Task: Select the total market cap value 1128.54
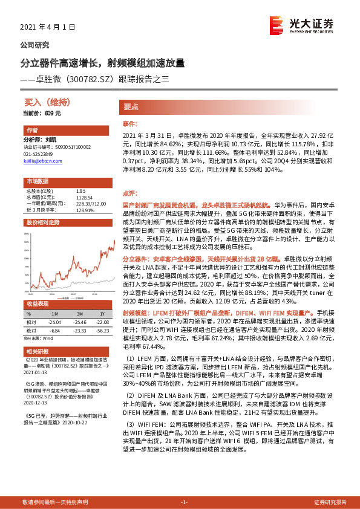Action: pos(84,197)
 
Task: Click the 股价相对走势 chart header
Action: pos(42,222)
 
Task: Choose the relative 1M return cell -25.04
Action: pos(54,322)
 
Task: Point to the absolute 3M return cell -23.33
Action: pos(78,331)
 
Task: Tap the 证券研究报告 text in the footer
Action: pos(330,502)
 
